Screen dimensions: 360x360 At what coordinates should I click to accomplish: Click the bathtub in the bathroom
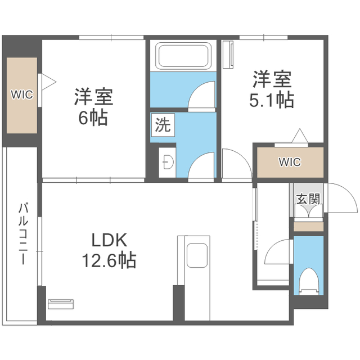[183, 56]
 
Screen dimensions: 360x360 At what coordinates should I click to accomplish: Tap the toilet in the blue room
[309, 281]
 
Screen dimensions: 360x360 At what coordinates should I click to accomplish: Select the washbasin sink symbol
[168, 162]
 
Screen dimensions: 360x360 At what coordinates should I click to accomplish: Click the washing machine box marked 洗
[163, 125]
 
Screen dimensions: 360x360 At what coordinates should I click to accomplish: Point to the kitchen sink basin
[197, 255]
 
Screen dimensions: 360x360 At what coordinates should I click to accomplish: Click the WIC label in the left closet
[22, 94]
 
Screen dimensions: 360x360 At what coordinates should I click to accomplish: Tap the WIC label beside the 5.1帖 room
[290, 162]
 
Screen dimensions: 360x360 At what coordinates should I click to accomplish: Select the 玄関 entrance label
[308, 199]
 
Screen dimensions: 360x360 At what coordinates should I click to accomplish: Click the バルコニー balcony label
[23, 234]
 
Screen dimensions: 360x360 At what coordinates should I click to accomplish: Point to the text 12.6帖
[109, 260]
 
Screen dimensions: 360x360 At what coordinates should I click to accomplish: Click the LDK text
[109, 240]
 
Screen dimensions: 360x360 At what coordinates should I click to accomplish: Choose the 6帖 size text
[93, 118]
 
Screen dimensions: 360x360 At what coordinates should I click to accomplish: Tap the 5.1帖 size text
[272, 100]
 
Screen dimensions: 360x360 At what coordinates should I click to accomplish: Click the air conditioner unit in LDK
[61, 304]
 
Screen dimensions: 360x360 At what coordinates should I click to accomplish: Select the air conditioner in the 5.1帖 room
[228, 55]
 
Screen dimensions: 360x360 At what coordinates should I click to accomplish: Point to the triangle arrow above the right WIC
[300, 136]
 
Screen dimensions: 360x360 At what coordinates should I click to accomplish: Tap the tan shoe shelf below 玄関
[309, 227]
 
